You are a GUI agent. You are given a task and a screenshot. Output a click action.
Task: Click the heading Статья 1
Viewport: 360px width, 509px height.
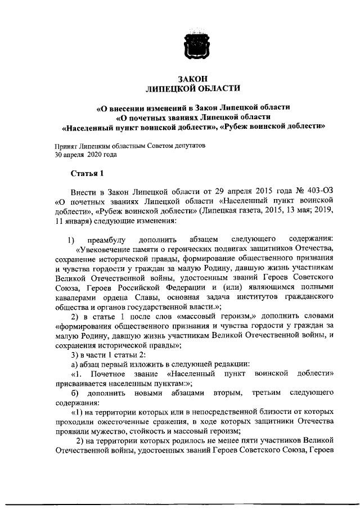click(x=87, y=172)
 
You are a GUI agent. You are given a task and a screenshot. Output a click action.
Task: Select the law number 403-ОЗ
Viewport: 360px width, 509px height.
click(x=319, y=191)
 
